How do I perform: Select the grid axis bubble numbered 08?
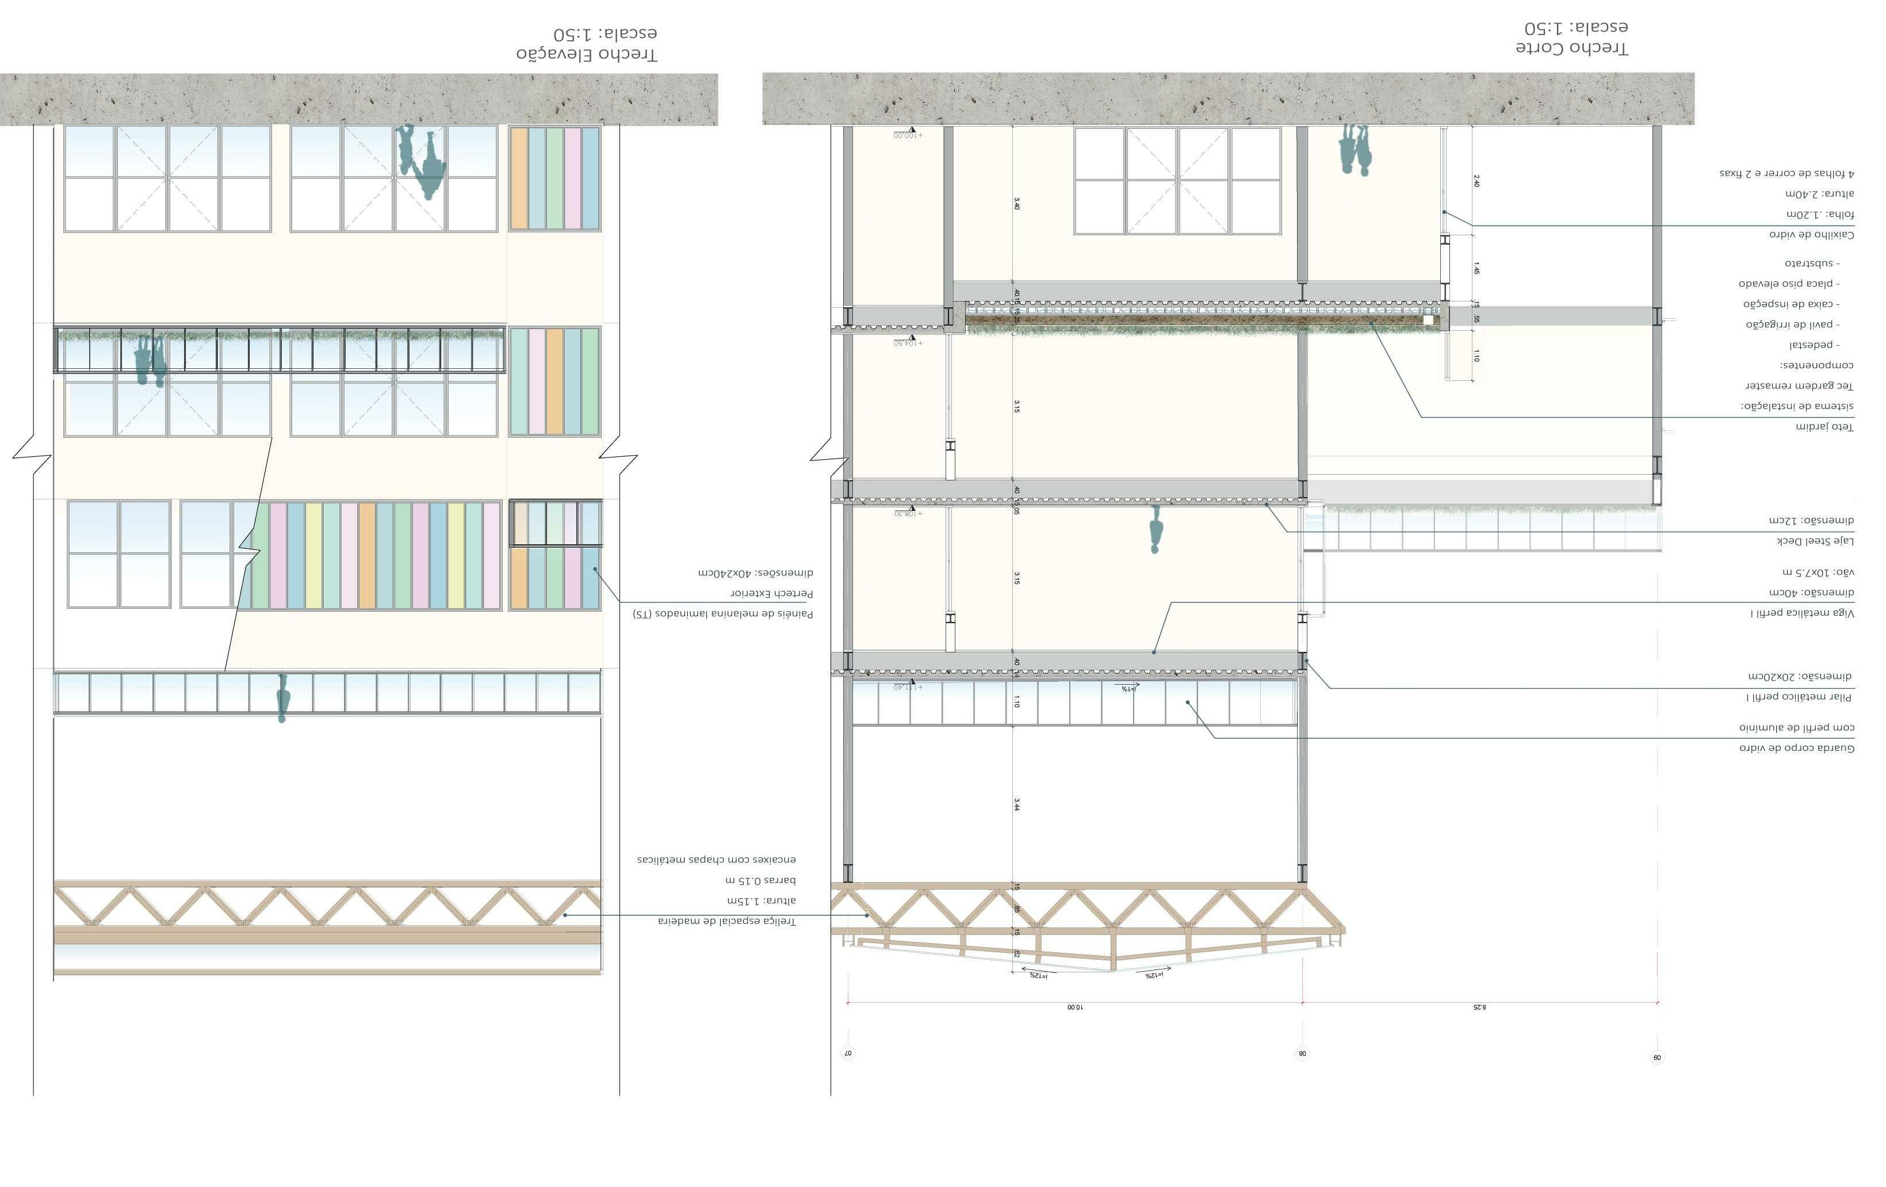click(x=1303, y=1054)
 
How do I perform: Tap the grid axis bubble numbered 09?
click(x=1657, y=1058)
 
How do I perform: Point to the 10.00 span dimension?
click(x=1074, y=1007)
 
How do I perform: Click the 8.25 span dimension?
click(x=1479, y=1007)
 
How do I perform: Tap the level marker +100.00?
click(x=909, y=135)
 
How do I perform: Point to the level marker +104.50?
click(x=909, y=342)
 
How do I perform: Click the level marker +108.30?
click(x=909, y=513)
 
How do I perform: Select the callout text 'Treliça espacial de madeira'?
click(x=727, y=921)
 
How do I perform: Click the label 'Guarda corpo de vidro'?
click(x=1797, y=748)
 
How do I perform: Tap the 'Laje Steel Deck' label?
click(x=1815, y=541)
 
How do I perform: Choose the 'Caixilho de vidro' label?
click(x=1812, y=234)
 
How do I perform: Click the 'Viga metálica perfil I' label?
click(x=1802, y=613)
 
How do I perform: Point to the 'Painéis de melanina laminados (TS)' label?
click(x=723, y=615)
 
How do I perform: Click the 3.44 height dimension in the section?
click(x=1017, y=804)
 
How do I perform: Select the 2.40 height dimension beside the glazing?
click(x=1476, y=181)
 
